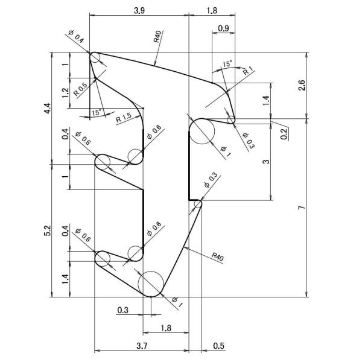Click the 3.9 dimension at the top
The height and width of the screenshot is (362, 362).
(x=139, y=11)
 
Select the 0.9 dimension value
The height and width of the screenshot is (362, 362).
(x=223, y=28)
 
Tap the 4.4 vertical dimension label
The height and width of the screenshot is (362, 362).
(x=48, y=108)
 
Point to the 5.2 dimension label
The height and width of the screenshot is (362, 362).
(x=48, y=230)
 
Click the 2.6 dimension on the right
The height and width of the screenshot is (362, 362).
(x=302, y=86)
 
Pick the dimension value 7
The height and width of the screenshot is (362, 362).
(x=301, y=208)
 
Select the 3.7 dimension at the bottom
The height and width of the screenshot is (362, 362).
(x=142, y=346)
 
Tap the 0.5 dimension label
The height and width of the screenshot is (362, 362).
(x=218, y=346)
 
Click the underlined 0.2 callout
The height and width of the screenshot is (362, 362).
(x=284, y=134)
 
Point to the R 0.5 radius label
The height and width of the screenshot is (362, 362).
(x=81, y=89)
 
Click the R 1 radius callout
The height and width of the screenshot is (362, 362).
(x=248, y=71)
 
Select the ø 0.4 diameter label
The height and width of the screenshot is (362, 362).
(x=76, y=36)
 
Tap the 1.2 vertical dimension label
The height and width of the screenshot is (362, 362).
(x=66, y=93)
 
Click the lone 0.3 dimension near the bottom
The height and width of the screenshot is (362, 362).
(x=122, y=310)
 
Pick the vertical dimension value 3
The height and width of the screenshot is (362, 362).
(x=266, y=161)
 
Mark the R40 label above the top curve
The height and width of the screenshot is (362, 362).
(x=158, y=36)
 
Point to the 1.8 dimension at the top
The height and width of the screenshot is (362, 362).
(x=212, y=11)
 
